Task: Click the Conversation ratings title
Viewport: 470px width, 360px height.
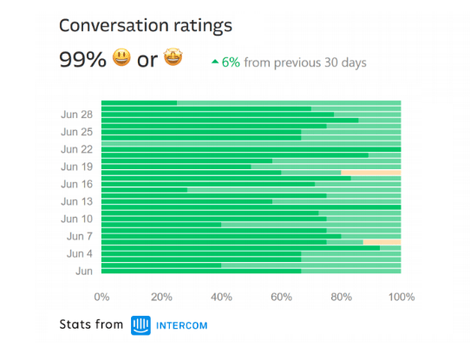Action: coord(146,25)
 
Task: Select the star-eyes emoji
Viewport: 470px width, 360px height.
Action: coord(173,59)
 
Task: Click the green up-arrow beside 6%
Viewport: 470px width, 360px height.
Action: coord(215,62)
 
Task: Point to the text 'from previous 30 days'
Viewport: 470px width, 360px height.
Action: coord(304,62)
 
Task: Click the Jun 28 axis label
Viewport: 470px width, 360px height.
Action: coord(77,115)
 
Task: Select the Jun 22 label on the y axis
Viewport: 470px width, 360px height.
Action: coord(77,149)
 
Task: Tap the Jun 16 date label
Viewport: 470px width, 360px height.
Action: coord(77,184)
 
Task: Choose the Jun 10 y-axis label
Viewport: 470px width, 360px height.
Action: coord(77,219)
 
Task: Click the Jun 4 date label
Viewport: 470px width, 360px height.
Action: coord(80,253)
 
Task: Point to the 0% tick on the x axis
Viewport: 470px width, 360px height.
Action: coord(101,297)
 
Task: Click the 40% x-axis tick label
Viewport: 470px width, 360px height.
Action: coord(221,297)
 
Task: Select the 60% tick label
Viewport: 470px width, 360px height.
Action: coord(281,297)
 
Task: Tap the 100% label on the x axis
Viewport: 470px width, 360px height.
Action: coord(401,297)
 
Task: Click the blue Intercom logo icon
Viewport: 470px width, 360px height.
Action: coord(140,325)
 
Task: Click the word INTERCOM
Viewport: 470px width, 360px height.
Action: coord(182,326)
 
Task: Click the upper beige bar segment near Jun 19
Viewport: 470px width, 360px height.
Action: coord(371,173)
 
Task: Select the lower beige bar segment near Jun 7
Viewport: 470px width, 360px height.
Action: coord(382,242)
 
